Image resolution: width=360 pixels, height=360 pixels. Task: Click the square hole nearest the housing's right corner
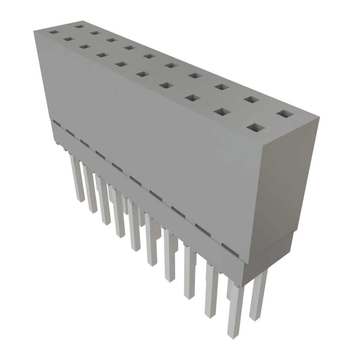pyautogui.click(x=285, y=114)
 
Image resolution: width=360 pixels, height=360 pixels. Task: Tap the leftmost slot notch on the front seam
pyautogui.click(x=55, y=122)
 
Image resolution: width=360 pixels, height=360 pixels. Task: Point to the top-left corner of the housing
pyautogui.click(x=34, y=31)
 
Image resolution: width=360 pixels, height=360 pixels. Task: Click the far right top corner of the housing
pyautogui.click(x=320, y=117)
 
